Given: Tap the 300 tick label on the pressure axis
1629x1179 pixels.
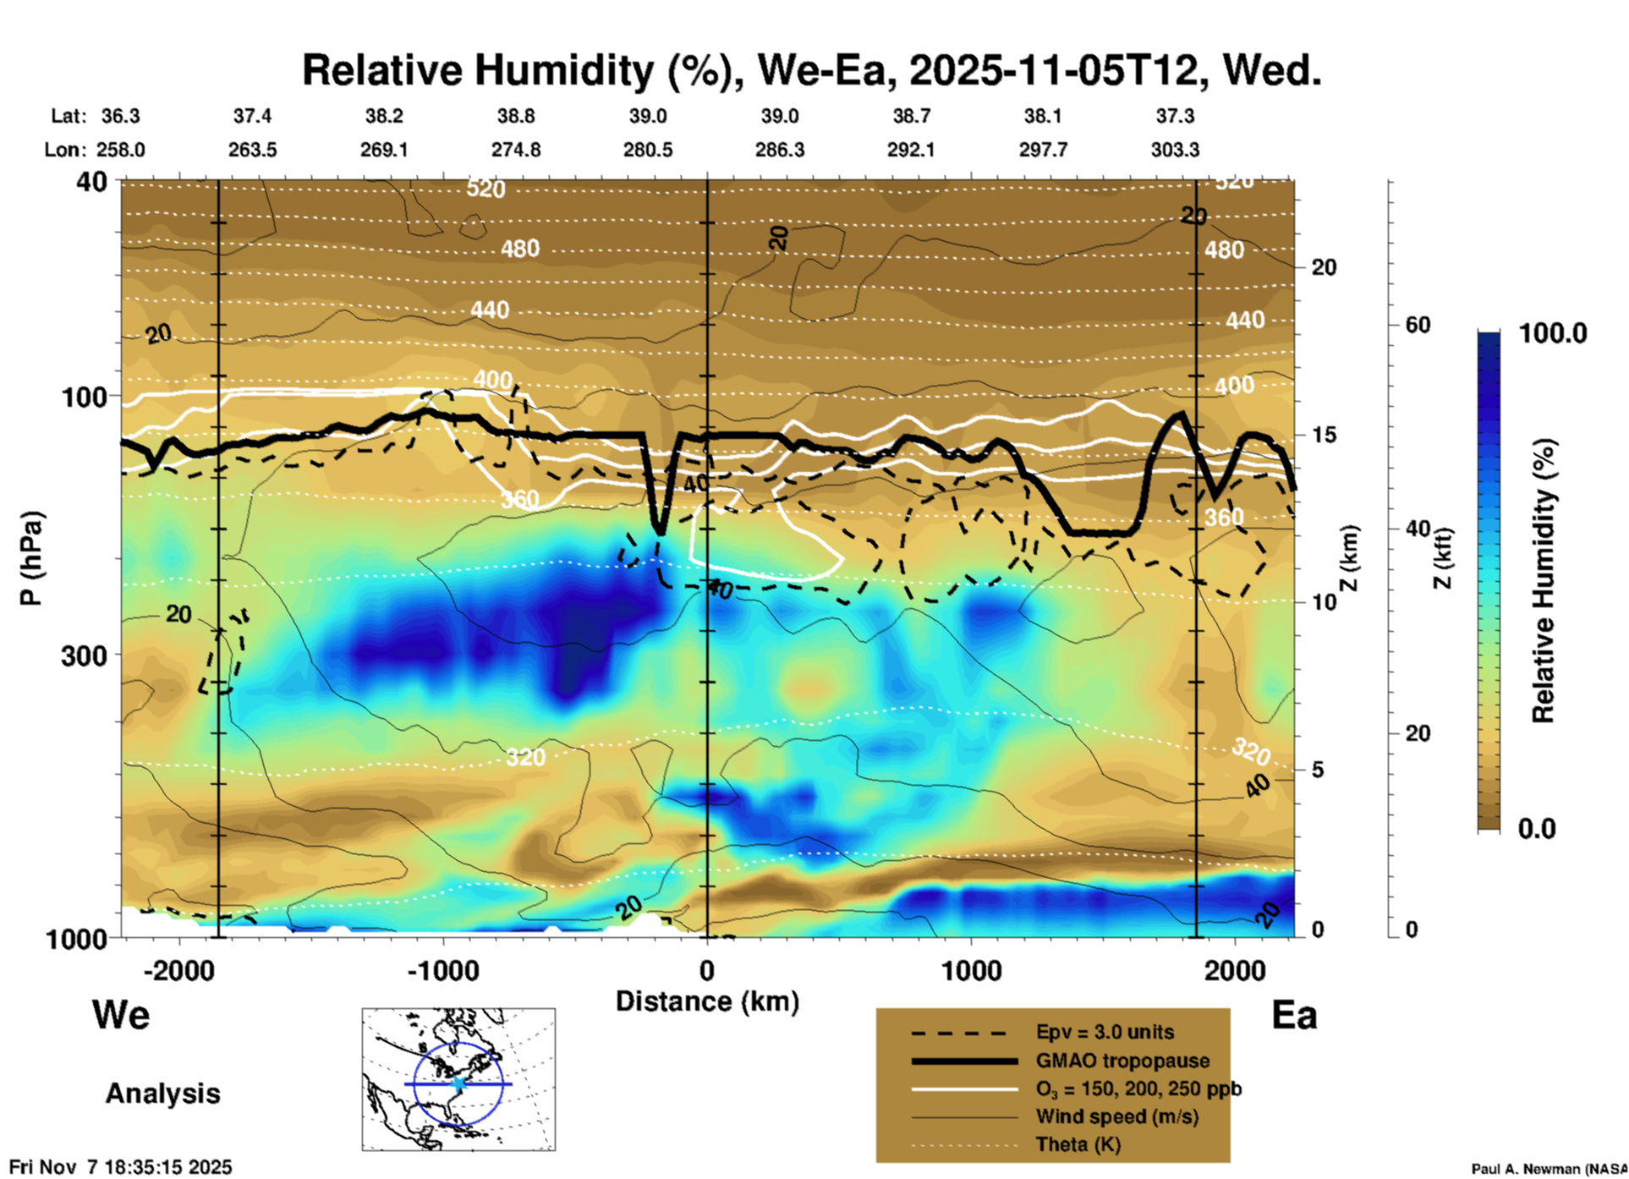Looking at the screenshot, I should tap(85, 655).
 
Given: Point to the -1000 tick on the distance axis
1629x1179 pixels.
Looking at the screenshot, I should tap(442, 970).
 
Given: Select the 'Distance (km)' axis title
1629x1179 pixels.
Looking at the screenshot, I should tap(707, 1001).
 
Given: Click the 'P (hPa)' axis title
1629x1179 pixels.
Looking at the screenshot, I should tap(31, 557).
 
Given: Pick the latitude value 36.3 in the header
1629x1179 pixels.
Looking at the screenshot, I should tap(120, 116).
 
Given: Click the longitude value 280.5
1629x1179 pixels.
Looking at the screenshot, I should tap(648, 150).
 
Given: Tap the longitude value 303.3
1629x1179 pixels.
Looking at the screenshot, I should tap(1174, 150).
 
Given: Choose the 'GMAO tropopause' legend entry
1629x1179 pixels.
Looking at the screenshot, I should tap(1122, 1061).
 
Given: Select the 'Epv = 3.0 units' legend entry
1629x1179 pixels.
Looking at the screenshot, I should tap(1104, 1033).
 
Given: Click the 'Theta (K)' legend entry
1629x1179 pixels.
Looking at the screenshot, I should tap(1078, 1144).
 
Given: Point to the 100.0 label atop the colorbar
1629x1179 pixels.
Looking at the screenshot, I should tap(1553, 333).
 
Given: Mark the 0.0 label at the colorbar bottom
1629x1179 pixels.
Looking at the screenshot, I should tap(1537, 829).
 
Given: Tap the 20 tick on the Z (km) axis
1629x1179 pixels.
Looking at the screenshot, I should tap(1324, 268).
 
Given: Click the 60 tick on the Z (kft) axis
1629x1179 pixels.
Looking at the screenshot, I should tap(1418, 325).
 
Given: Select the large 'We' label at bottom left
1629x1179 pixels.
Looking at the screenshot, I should tap(121, 1014).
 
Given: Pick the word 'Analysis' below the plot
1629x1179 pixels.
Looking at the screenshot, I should tap(162, 1094).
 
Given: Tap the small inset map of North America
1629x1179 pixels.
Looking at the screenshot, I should tap(458, 1078).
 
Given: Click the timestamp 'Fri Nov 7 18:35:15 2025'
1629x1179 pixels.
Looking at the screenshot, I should tap(120, 1167).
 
